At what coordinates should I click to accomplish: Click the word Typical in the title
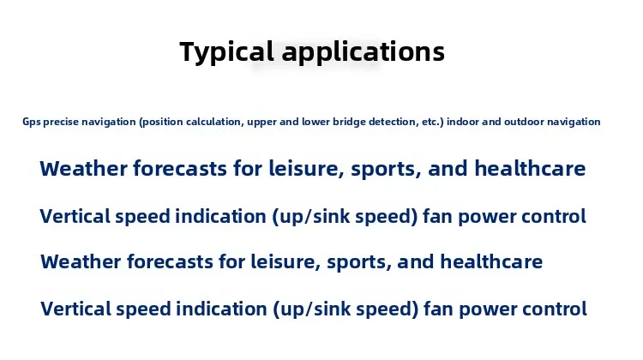(x=226, y=52)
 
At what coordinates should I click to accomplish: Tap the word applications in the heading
(x=364, y=52)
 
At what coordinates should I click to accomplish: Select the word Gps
(x=31, y=122)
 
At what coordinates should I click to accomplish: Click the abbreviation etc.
(x=430, y=122)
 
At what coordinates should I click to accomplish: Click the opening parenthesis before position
(x=141, y=123)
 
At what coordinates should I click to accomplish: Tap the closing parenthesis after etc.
(x=442, y=123)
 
